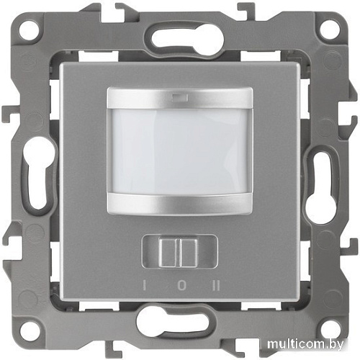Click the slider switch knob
(178, 252)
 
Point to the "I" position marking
(145, 286)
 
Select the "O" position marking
(182, 286)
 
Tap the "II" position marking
(216, 286)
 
